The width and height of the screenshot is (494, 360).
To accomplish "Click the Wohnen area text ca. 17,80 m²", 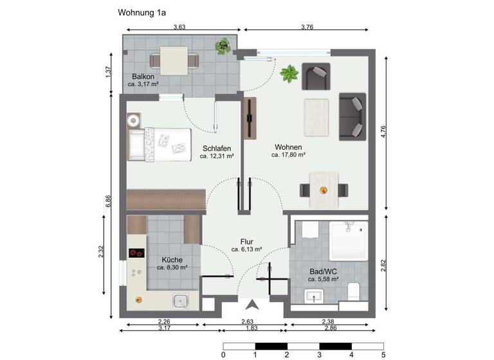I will (288, 155).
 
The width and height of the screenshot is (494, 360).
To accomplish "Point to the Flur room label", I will (246, 241).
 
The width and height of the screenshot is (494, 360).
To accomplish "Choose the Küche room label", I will (172, 259).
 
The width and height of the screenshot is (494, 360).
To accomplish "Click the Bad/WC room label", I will (323, 271).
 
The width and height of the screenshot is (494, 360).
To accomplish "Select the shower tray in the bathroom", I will (348, 240).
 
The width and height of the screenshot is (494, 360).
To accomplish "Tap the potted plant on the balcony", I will (223, 46).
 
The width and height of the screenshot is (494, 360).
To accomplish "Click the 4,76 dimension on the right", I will (383, 132).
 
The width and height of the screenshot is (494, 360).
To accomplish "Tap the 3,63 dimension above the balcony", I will (179, 26).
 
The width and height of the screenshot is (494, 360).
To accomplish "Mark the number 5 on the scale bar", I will (383, 354).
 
